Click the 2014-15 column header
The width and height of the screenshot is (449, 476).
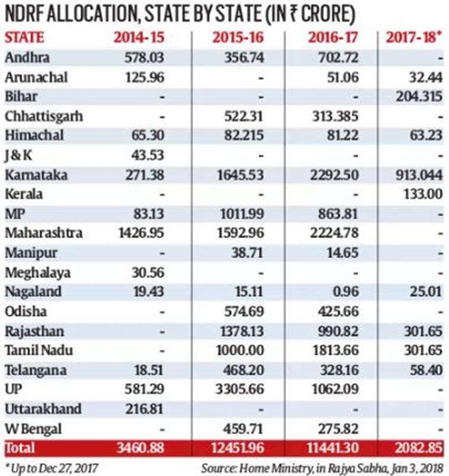click(139, 38)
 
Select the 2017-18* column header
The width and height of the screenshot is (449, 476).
click(414, 38)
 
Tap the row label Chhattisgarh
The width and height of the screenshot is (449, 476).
click(43, 116)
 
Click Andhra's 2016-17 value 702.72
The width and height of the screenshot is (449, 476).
click(338, 58)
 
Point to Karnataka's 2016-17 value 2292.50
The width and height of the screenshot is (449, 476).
click(334, 175)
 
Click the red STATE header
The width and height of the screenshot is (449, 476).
click(24, 38)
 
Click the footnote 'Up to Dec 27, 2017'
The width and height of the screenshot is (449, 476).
click(52, 468)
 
